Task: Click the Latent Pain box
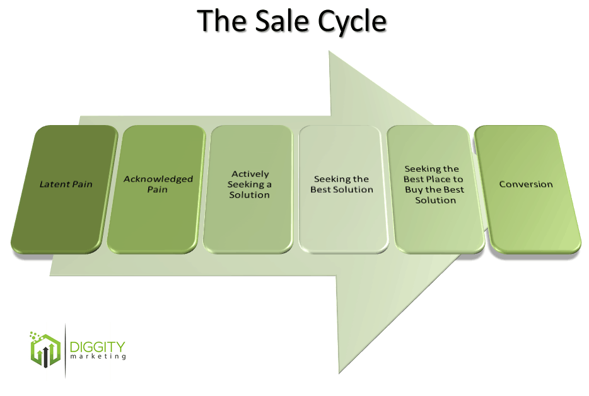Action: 65,189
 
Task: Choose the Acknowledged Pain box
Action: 157,189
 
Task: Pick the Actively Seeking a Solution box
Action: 250,189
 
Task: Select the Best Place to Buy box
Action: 434,189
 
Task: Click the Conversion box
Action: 526,189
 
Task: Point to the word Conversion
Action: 526,184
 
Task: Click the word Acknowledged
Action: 158,179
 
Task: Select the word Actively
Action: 250,174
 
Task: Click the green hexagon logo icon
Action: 44,349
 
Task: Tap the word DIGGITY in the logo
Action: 98,347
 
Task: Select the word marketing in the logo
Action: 98,357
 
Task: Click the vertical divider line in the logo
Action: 65,351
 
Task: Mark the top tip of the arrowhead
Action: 330,52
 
